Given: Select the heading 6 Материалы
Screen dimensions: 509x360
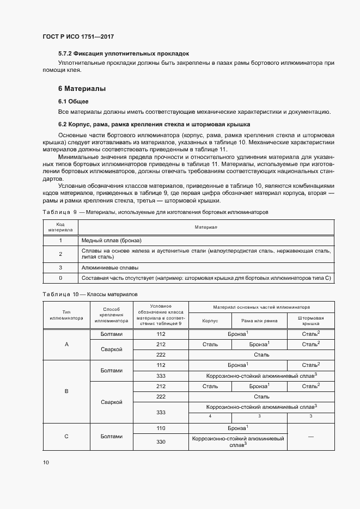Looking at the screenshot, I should [82, 88].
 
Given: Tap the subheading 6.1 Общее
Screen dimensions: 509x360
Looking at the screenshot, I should [74, 101].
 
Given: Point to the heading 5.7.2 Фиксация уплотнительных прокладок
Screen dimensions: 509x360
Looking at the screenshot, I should [123, 54].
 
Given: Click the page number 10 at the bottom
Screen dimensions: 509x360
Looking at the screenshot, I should [46, 462].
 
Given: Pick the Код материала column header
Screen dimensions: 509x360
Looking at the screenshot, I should [60, 227].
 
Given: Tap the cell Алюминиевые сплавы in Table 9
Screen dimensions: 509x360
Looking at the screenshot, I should [109, 267].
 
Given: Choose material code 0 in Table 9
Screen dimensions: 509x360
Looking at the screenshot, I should [60, 278].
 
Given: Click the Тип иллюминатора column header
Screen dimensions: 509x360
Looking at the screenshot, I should [66, 315].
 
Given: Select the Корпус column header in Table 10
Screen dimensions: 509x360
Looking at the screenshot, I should [210, 321].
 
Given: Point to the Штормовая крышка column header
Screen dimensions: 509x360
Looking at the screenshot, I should [310, 321].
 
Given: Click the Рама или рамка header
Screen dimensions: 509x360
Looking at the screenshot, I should [260, 321].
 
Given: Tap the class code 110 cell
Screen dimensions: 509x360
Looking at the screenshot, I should [161, 428].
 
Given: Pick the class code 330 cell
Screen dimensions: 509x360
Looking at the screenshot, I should [161, 441].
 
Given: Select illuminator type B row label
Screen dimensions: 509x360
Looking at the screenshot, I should [66, 391].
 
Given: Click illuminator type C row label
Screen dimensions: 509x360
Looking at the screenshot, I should [66, 436].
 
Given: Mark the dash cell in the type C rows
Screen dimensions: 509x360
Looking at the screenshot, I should [310, 436].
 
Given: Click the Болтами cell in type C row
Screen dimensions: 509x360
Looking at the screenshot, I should [112, 436].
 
